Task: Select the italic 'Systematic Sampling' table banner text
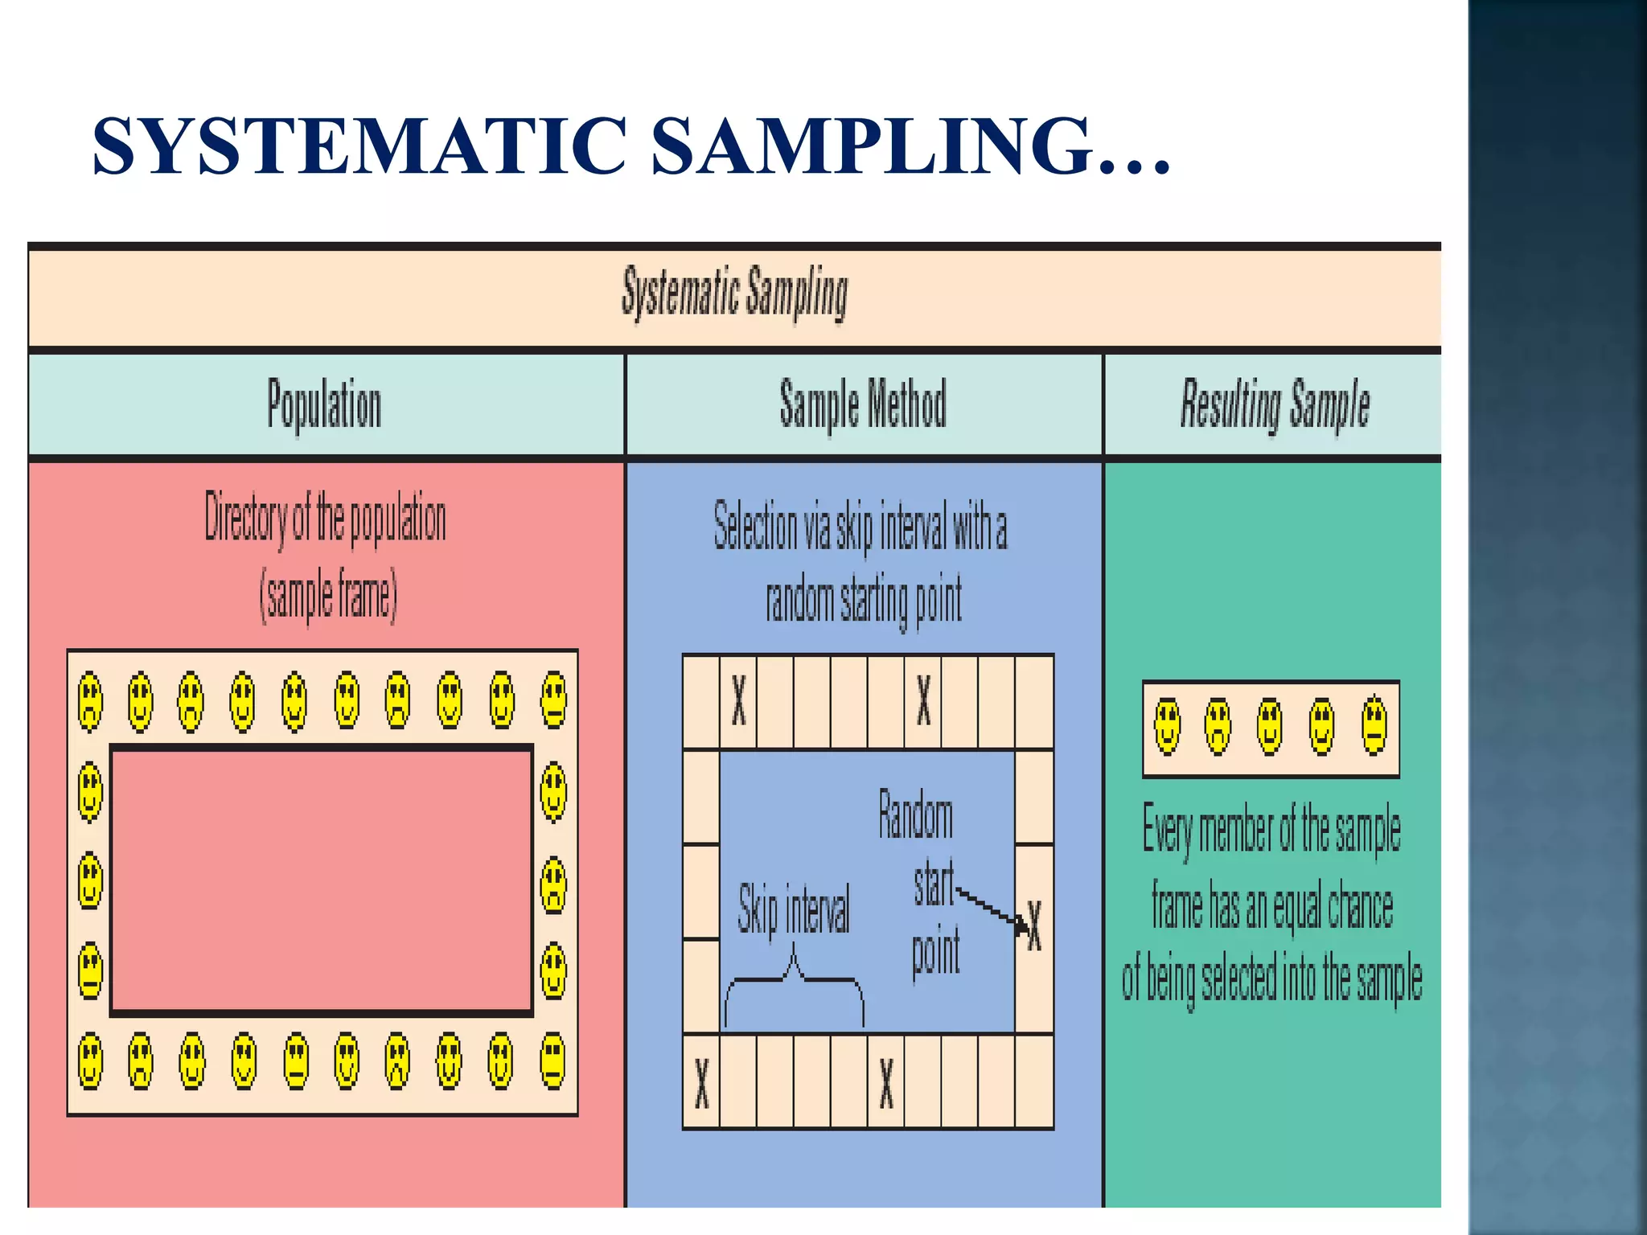pos(734,293)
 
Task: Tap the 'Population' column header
pos(324,404)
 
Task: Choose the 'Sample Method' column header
pos(862,404)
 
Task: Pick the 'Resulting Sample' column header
pos(1275,404)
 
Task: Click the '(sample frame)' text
pos(328,596)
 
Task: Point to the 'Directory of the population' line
pos(325,519)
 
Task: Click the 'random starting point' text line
pos(863,601)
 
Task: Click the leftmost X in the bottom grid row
pos(701,1082)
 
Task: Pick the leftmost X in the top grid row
pos(738,700)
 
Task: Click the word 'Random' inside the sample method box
pos(915,816)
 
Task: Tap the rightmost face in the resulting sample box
pos(1374,726)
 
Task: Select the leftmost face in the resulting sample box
pos(1168,726)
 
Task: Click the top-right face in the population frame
pos(553,700)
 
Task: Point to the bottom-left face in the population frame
pos(90,1061)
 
